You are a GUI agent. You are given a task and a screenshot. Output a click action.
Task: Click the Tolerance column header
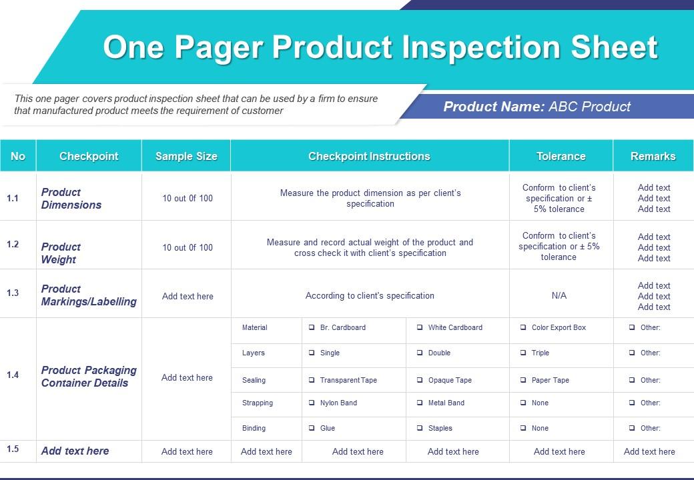561,157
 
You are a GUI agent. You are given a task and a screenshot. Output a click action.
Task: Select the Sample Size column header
186,157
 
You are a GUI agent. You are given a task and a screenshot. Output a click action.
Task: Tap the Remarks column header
653,157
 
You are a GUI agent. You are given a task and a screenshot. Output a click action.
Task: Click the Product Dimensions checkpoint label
71,199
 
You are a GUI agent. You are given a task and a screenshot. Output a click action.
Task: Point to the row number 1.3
13,293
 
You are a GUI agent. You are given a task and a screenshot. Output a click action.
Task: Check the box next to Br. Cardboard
312,328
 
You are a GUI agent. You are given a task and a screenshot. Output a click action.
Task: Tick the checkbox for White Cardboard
420,328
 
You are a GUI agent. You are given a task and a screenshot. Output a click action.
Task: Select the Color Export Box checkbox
523,328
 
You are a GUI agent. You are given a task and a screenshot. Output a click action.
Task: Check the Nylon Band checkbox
312,403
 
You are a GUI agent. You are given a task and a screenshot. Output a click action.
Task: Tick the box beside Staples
420,429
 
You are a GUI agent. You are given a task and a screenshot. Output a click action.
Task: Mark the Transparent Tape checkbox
312,381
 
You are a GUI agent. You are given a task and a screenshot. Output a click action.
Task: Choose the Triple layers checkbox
523,353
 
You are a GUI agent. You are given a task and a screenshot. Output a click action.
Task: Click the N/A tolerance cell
559,296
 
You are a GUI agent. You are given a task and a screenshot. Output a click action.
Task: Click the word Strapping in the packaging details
258,403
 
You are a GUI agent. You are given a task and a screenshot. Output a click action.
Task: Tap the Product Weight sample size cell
188,247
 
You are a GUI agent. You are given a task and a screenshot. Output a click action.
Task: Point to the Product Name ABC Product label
537,107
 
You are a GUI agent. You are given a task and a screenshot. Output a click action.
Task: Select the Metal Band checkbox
420,403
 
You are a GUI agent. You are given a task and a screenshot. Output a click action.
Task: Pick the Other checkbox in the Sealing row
632,381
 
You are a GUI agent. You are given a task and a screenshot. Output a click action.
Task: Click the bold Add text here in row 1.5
75,451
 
